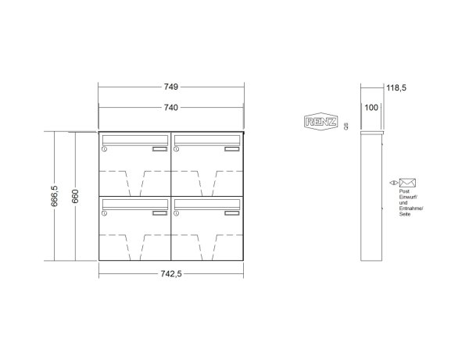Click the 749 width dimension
click(x=170, y=87)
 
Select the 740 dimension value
click(x=170, y=107)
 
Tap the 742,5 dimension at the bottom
click(x=171, y=273)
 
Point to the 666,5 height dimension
click(x=54, y=196)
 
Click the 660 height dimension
click(x=75, y=196)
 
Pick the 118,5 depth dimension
click(x=396, y=87)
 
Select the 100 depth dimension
click(x=371, y=107)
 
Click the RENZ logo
click(x=320, y=121)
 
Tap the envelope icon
click(x=407, y=183)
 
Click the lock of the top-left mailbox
click(x=104, y=149)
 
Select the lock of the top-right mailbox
click(x=176, y=149)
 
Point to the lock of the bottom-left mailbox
click(x=104, y=213)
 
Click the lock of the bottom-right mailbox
click(x=176, y=213)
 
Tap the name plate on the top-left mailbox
click(x=160, y=149)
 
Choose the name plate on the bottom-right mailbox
click(x=232, y=213)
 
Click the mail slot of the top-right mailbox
click(x=207, y=140)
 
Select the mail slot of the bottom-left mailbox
click(x=135, y=205)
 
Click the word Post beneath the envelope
click(x=404, y=191)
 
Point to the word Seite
click(x=405, y=214)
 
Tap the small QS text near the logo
click(x=346, y=126)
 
